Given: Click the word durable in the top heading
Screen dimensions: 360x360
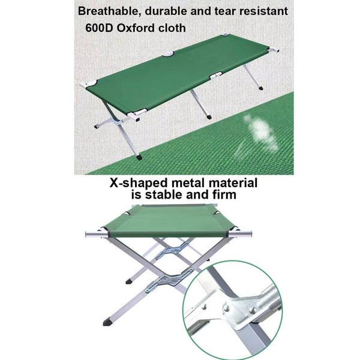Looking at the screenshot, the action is click(x=166, y=11).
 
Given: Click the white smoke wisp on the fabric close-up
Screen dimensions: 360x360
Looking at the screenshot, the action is click(x=260, y=133).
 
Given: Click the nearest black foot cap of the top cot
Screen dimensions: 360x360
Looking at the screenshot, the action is click(x=139, y=157).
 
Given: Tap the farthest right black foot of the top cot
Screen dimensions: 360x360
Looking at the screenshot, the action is click(x=260, y=88).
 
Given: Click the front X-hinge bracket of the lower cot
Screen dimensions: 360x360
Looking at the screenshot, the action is click(x=169, y=280).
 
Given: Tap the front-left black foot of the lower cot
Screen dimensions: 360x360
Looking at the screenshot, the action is click(x=107, y=322).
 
